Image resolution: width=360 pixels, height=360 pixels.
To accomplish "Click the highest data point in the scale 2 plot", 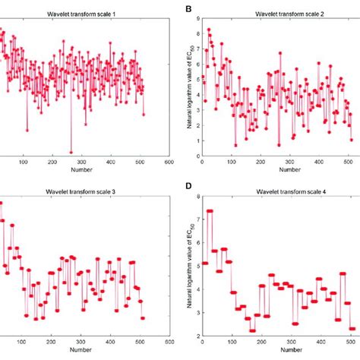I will [x=209, y=30].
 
